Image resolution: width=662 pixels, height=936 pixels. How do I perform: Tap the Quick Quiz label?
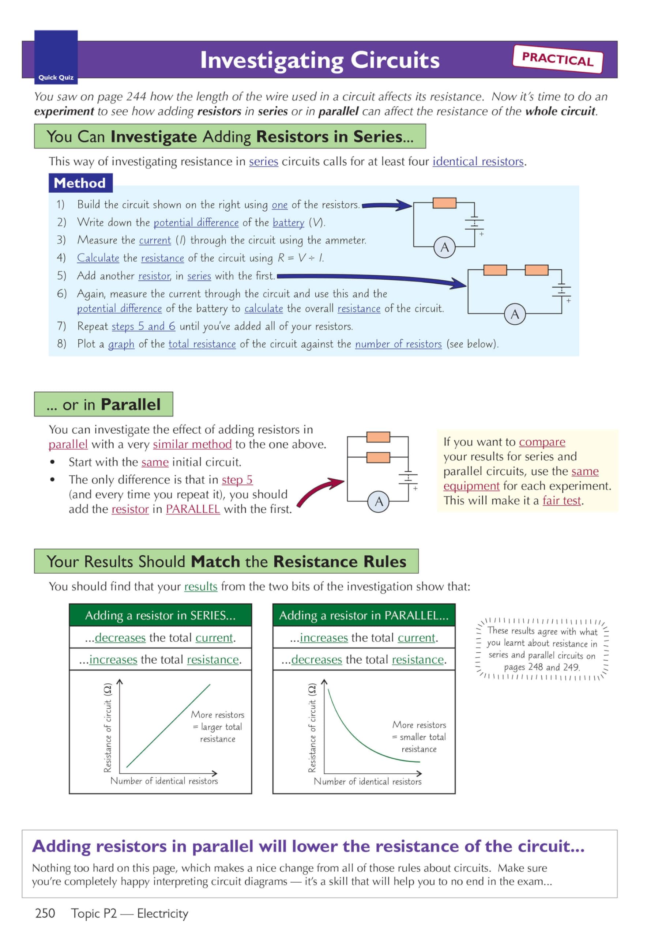coord(56,78)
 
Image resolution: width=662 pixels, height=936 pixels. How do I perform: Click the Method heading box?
coord(80,183)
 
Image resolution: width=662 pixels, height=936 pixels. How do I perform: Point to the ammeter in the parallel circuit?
coord(379,501)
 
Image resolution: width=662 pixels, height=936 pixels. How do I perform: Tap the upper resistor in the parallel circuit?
coord(378,437)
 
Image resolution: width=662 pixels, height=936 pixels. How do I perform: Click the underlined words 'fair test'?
coord(561,501)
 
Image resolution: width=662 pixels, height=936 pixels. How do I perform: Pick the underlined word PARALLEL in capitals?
coord(192,509)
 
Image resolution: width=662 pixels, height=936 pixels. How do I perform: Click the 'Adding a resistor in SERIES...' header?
coord(160,615)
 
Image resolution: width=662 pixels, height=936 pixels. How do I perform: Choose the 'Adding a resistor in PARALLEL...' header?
coord(364,615)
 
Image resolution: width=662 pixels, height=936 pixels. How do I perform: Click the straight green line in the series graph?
coord(168,726)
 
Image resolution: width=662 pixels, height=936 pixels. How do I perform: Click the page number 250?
coord(45,913)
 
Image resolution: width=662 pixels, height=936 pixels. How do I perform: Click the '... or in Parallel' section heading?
coord(103,404)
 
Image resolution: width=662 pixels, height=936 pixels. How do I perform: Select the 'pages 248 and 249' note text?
coord(541,667)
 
